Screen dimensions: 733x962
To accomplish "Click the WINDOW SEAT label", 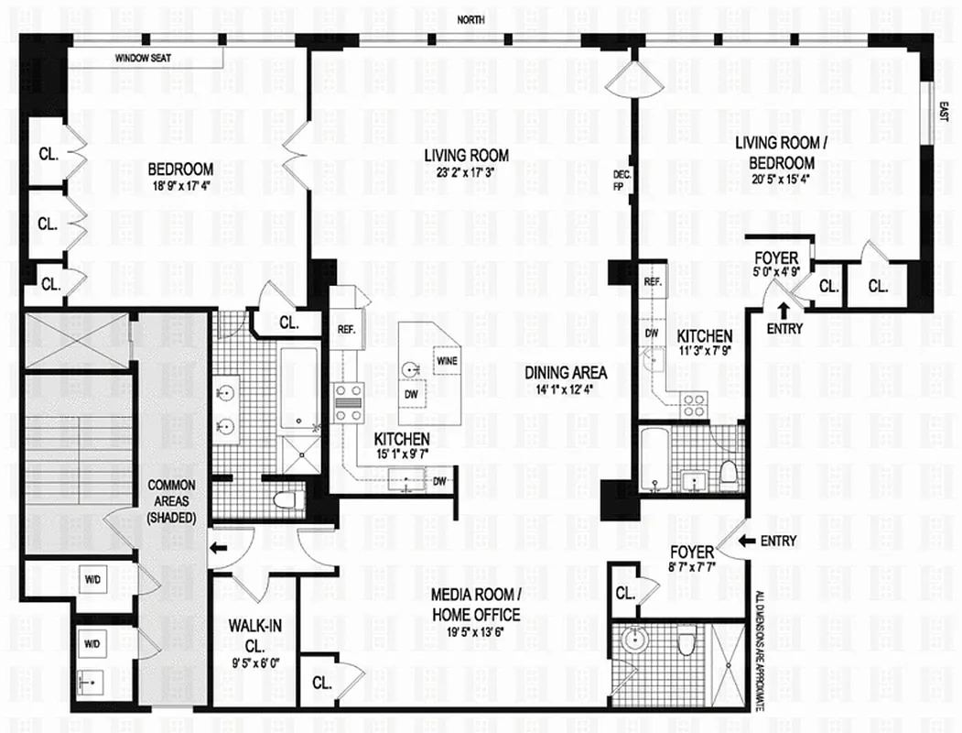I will (149, 59).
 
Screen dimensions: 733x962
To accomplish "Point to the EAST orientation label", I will (944, 111).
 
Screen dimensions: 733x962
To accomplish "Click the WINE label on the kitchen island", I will (447, 360).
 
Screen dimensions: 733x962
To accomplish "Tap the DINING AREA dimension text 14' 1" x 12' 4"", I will (566, 391).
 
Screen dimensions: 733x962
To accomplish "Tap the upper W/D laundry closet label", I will (92, 579).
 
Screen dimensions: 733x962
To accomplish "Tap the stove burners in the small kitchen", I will (693, 405).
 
